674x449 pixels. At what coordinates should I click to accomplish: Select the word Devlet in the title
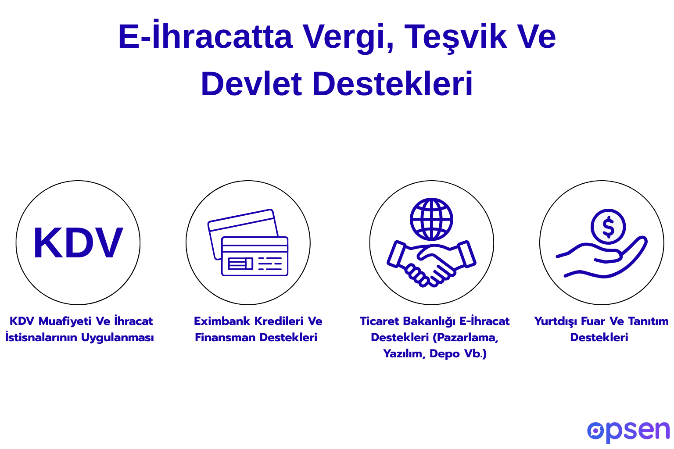251,84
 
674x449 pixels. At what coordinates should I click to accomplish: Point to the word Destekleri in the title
393,84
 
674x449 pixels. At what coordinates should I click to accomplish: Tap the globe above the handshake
431,219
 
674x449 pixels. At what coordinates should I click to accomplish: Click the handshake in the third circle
431,263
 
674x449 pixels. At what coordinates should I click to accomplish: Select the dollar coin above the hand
608,227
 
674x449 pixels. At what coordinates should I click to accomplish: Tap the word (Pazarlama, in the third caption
465,338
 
